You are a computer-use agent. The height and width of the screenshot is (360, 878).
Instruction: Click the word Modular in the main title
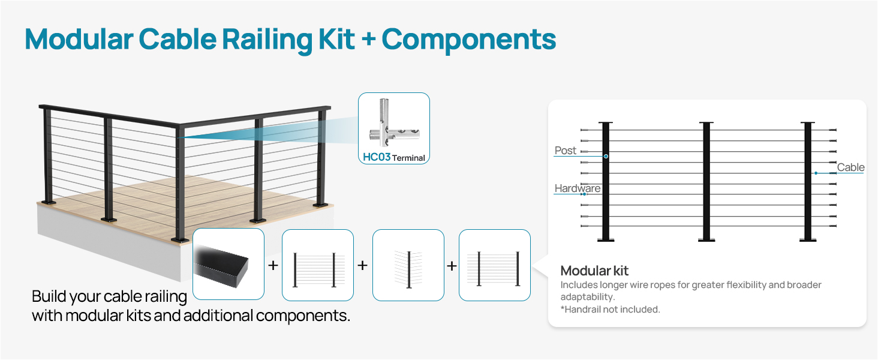coord(79,39)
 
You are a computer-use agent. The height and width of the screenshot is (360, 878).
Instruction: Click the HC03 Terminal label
coord(394,157)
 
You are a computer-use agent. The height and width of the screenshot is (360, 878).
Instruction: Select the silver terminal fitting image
coord(393,123)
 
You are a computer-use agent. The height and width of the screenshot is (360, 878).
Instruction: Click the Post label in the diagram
coord(565,151)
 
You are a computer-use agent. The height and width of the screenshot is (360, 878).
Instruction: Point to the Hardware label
coord(578,188)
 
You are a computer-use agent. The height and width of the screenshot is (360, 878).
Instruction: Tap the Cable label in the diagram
coord(850,167)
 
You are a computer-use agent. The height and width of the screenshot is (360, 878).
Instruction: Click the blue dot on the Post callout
coord(606,157)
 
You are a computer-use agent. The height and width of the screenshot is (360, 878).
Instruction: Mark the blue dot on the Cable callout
coord(816,173)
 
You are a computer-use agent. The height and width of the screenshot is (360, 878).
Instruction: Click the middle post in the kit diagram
coord(706,181)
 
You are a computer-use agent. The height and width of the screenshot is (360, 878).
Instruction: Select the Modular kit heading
coord(594,271)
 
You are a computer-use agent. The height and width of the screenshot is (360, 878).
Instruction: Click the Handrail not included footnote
coord(611,310)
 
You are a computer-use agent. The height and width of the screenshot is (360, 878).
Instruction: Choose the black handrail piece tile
coord(228,265)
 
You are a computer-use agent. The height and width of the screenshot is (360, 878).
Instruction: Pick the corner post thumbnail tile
coord(408,265)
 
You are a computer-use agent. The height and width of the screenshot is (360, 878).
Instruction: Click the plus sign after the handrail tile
coord(273,265)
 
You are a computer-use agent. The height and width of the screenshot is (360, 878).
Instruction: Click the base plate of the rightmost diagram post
coord(808,240)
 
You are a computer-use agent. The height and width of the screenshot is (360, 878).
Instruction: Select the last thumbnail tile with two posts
coord(495,265)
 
